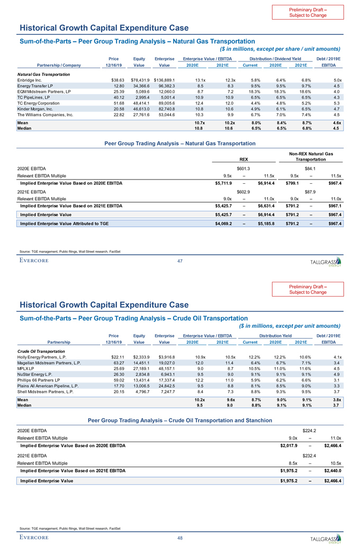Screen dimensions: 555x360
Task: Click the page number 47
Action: (x=179, y=261)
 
